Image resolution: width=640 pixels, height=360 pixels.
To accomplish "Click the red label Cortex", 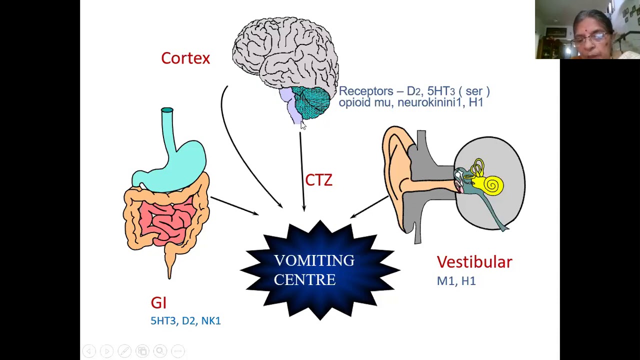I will click(185, 58).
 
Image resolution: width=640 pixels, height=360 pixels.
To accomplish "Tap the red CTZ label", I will click(318, 180).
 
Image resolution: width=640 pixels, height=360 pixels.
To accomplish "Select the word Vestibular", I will click(474, 262).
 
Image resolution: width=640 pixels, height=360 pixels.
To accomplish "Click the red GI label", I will click(158, 302).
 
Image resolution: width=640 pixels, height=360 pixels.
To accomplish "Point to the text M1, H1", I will click(456, 281).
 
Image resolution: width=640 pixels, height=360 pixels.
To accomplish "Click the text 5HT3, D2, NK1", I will click(185, 321).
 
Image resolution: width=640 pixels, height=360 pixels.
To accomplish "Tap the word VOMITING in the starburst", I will click(314, 260).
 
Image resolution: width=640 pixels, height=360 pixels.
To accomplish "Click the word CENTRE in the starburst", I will click(304, 280).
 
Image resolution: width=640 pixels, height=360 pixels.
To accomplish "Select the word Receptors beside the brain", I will click(366, 91).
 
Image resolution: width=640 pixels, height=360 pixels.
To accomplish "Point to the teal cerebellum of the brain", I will click(311, 102).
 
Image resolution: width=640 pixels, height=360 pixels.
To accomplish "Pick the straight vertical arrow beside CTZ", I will click(302, 170).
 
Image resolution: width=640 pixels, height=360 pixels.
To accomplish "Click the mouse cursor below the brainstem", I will click(302, 126).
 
